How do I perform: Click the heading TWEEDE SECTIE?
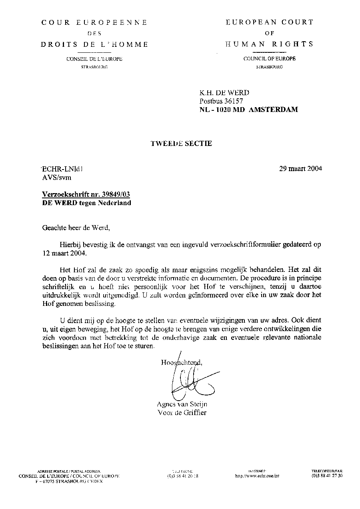(x=181, y=144)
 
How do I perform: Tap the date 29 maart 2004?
(x=300, y=168)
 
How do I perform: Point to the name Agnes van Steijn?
(x=182, y=404)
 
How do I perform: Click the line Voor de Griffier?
(x=182, y=413)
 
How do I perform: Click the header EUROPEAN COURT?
(x=270, y=22)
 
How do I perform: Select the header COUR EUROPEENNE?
(x=94, y=22)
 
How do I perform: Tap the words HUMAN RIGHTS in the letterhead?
(x=270, y=44)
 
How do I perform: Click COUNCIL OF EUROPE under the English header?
(x=270, y=59)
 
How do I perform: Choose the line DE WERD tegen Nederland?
(x=86, y=203)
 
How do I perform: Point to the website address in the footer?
(x=257, y=476)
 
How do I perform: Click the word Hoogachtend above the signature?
(x=181, y=363)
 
